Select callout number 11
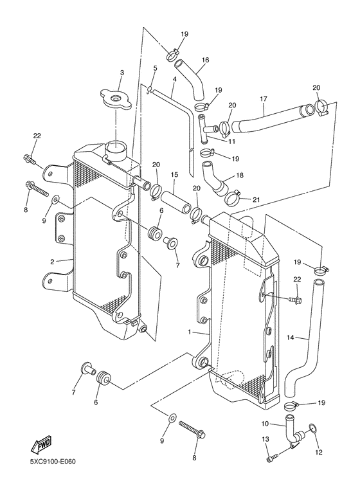[x=232, y=141]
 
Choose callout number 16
[x=205, y=60]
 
